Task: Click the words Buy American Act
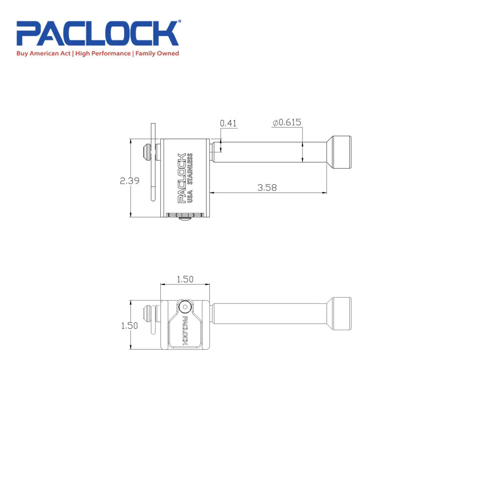tap(44, 54)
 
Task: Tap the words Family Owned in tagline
tap(157, 54)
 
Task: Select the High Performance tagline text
tap(103, 54)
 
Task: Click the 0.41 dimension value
tap(228, 123)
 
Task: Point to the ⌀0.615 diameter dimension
tap(287, 123)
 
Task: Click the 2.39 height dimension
tap(130, 181)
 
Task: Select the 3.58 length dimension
tap(267, 187)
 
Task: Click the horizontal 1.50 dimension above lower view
tap(185, 280)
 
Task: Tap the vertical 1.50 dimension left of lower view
tap(130, 326)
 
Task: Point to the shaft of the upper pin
tap(268, 151)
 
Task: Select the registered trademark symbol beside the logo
tap(179, 22)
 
